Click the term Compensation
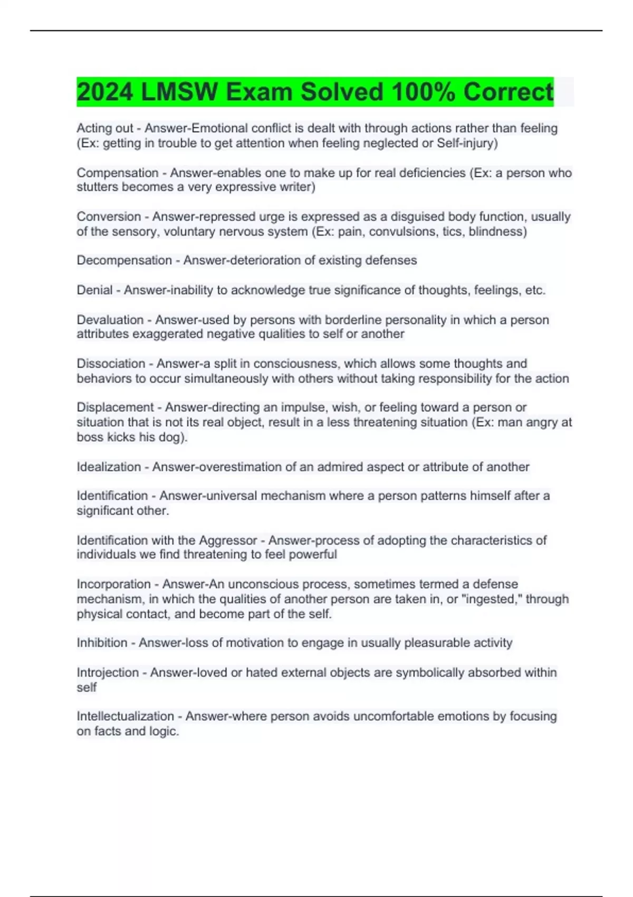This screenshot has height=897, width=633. (x=117, y=173)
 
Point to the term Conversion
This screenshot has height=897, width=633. (x=109, y=217)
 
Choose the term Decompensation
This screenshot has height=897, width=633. (x=124, y=261)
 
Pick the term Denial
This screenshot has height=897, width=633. (x=94, y=290)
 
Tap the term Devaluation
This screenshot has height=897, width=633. (x=110, y=320)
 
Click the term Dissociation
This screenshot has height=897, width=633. (x=111, y=364)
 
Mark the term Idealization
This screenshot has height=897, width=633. (x=109, y=467)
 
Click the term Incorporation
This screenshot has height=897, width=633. (x=113, y=584)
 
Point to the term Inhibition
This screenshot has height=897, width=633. (x=102, y=643)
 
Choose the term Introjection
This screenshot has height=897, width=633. (x=108, y=673)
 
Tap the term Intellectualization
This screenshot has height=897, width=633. (x=125, y=716)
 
